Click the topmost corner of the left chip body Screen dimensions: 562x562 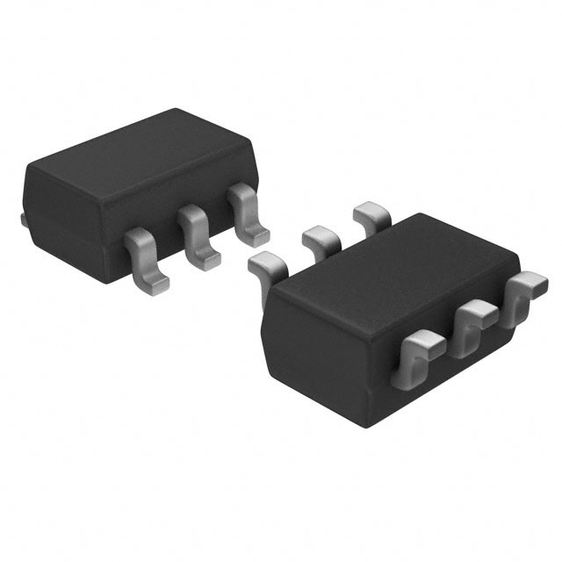coord(177,110)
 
